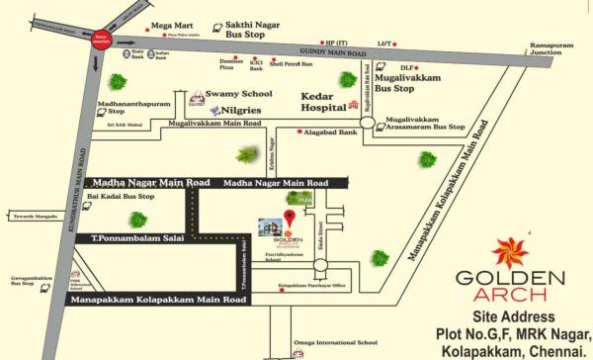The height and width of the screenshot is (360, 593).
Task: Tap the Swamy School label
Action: tap(238, 95)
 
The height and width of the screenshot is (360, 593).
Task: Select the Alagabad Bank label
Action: tap(332, 132)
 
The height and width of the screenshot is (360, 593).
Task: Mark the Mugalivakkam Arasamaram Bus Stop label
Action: tap(422, 123)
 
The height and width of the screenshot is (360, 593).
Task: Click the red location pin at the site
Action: tap(290, 217)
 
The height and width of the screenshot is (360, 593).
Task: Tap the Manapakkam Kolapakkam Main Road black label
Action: tap(156, 299)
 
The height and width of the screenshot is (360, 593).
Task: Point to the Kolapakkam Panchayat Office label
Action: tap(312, 286)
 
